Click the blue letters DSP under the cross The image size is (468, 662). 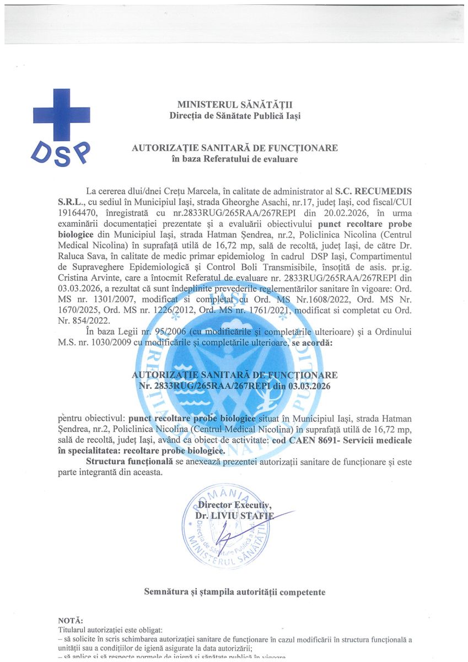pyautogui.click(x=61, y=152)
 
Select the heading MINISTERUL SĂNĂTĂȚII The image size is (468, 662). pyautogui.click(x=235, y=104)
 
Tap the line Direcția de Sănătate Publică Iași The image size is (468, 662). pyautogui.click(x=235, y=115)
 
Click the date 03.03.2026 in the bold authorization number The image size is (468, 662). pyautogui.click(x=309, y=386)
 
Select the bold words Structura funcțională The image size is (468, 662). pyautogui.click(x=130, y=462)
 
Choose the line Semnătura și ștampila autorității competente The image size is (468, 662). pyautogui.click(x=235, y=592)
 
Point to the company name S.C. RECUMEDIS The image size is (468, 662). pyautogui.click(x=373, y=190)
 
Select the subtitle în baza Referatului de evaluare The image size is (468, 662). pyautogui.click(x=235, y=159)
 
